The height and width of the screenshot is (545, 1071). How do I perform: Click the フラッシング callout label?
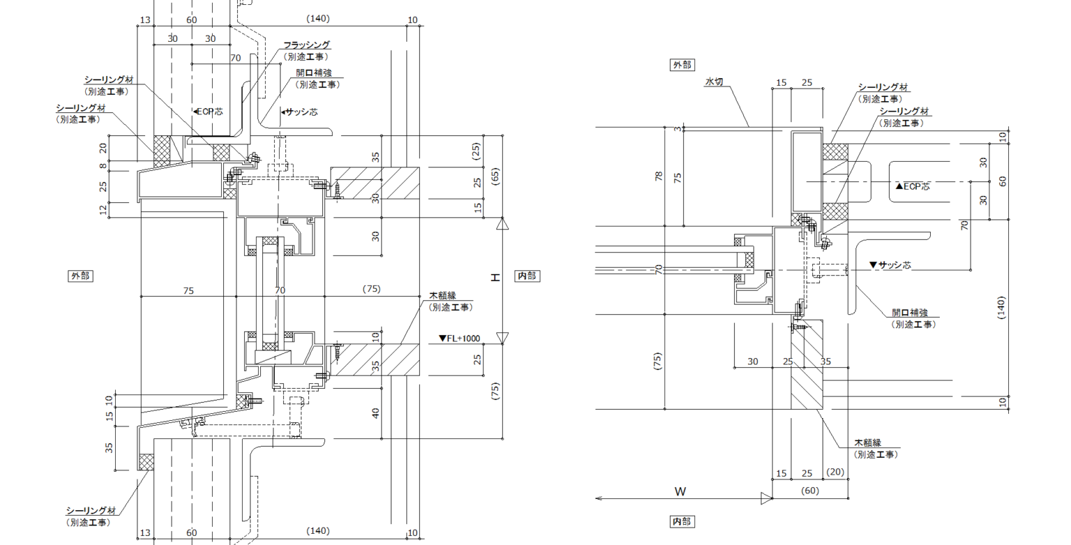click(x=306, y=45)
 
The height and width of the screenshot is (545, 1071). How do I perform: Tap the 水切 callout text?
click(x=714, y=82)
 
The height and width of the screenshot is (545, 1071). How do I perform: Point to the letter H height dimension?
click(x=496, y=277)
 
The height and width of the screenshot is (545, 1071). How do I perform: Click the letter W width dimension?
click(x=681, y=491)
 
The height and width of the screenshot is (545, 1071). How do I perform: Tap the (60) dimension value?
click(x=810, y=491)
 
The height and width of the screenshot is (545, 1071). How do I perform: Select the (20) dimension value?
click(x=836, y=473)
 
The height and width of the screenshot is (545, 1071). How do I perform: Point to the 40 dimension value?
click(x=376, y=413)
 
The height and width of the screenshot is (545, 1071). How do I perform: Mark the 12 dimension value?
click(x=104, y=210)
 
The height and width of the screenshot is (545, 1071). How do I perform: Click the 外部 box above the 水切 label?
click(x=681, y=65)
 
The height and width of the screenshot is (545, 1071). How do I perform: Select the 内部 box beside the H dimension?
click(x=526, y=276)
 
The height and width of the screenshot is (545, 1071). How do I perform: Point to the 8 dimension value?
click(x=104, y=166)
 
